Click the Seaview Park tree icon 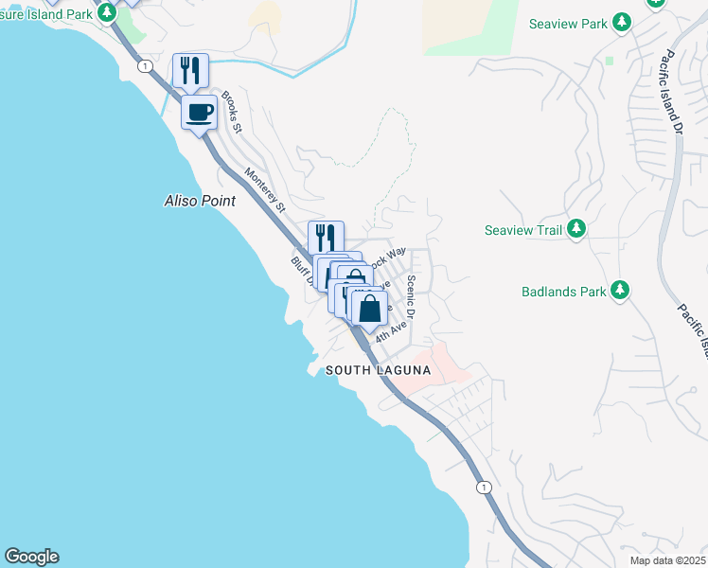pyautogui.click(x=621, y=22)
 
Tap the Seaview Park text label pyautogui.click(x=567, y=23)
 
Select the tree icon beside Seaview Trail pyautogui.click(x=575, y=229)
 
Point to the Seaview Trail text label pyautogui.click(x=523, y=230)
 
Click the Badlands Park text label pyautogui.click(x=563, y=292)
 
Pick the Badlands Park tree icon pyautogui.click(x=620, y=291)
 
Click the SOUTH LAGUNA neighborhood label pyautogui.click(x=378, y=371)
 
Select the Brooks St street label pyautogui.click(x=233, y=111)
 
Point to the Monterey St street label pyautogui.click(x=265, y=188)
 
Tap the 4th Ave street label pyautogui.click(x=390, y=331)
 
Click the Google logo pyautogui.click(x=31, y=557)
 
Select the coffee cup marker pyautogui.click(x=199, y=114)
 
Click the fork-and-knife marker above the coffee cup pyautogui.click(x=190, y=70)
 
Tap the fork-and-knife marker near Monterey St pyautogui.click(x=326, y=237)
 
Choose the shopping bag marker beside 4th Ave pyautogui.click(x=369, y=308)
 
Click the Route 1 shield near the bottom pyautogui.click(x=484, y=487)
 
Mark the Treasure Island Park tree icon pyautogui.click(x=107, y=12)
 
